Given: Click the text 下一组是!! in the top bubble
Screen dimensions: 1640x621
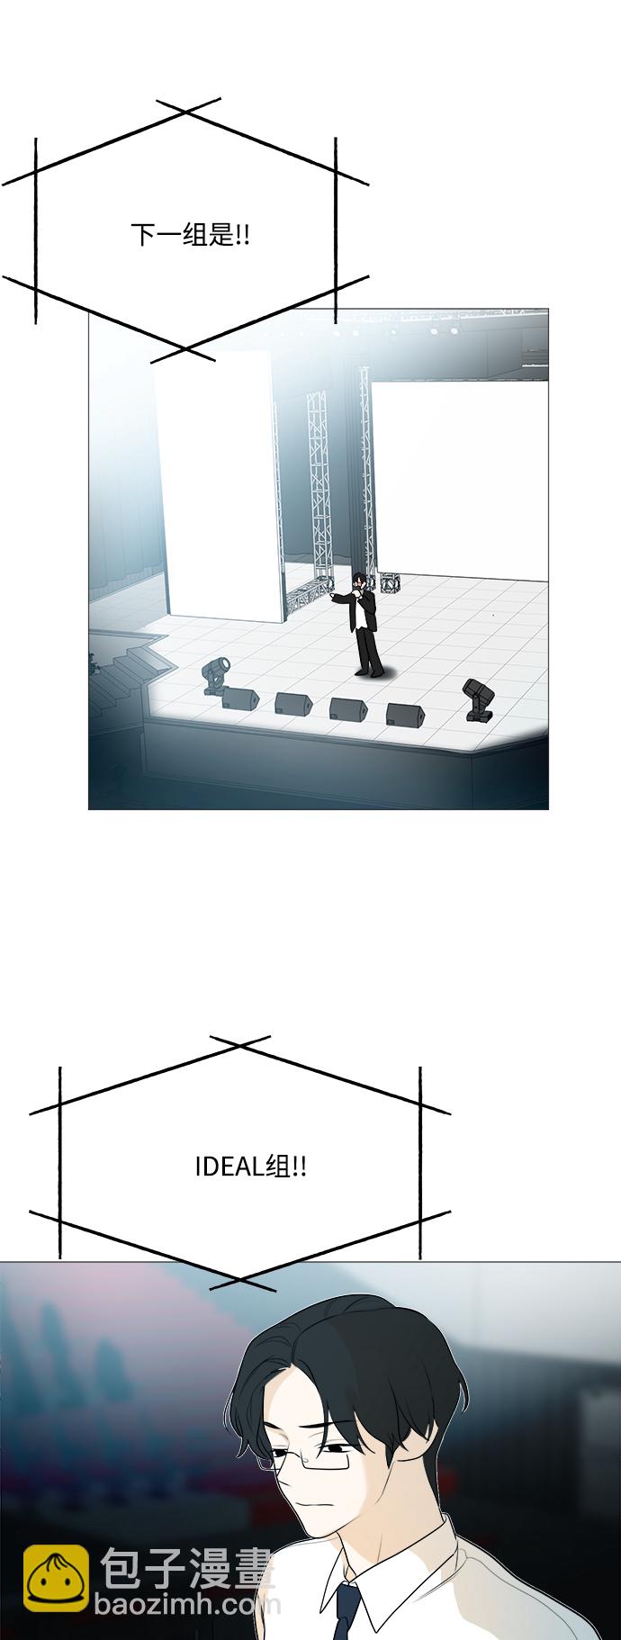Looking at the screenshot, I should coord(190,237).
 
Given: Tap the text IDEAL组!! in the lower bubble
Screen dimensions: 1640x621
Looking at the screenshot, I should coord(250,1167).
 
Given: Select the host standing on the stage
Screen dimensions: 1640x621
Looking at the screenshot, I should coord(365,625).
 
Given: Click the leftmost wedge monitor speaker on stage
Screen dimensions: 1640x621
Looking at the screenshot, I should coord(240,698).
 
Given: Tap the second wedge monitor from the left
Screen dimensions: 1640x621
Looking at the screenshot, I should coord(292,703).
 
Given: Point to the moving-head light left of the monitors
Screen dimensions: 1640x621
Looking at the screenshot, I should coord(216,675).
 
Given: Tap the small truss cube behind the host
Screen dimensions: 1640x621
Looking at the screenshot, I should coord(390,583).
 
